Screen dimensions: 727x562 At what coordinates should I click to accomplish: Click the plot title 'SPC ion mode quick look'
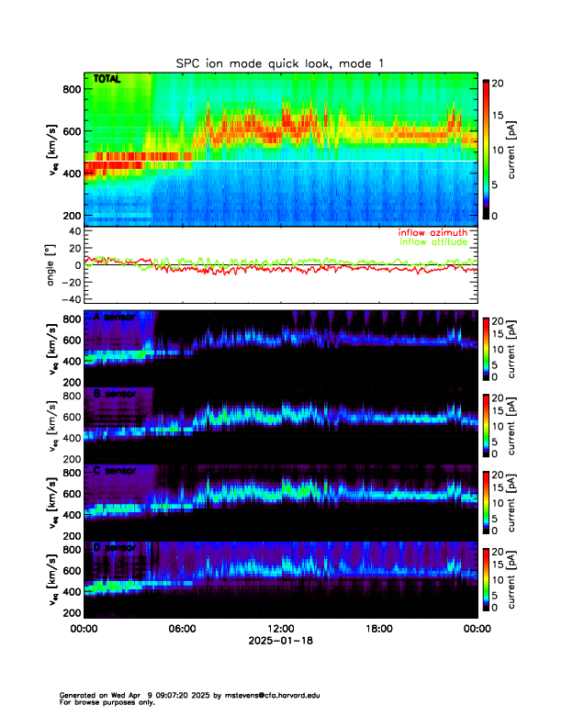click(280, 62)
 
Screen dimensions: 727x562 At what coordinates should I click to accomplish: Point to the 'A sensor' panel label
click(115, 317)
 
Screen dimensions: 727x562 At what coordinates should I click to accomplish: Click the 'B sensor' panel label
click(115, 394)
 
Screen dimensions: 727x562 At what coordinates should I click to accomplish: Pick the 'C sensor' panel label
click(115, 471)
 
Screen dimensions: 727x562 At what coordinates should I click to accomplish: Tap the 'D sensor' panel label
click(115, 548)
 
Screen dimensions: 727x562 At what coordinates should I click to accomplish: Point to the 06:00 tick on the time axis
click(182, 629)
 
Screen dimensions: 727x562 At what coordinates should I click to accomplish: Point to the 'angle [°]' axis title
click(52, 264)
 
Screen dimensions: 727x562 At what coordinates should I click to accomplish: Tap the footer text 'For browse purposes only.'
click(107, 702)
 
